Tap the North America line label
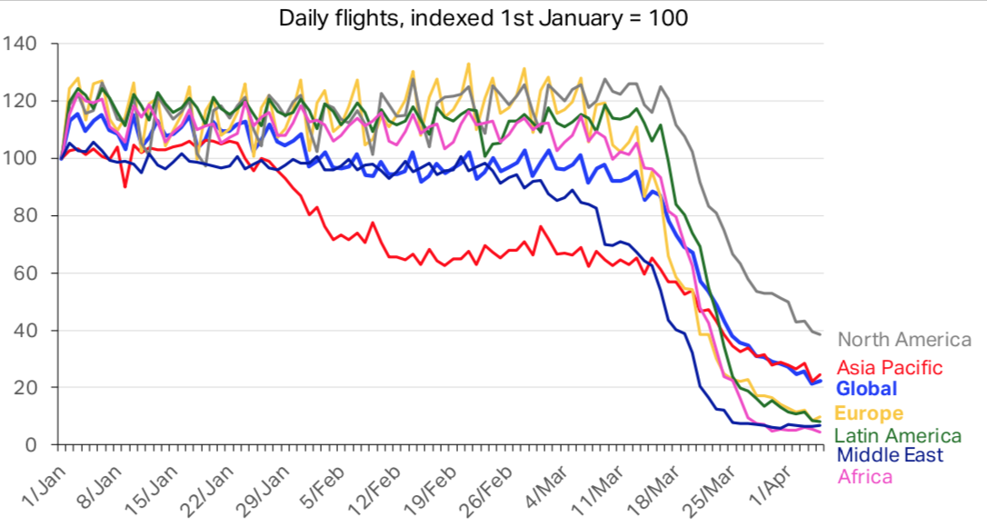904,340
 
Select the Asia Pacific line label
890,368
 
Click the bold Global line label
867,389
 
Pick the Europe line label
871,414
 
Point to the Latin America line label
898,436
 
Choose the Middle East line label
890,455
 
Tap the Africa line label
864,476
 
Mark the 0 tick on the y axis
30,444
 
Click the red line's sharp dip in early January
125,186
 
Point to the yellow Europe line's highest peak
468,64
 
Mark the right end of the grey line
821,334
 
